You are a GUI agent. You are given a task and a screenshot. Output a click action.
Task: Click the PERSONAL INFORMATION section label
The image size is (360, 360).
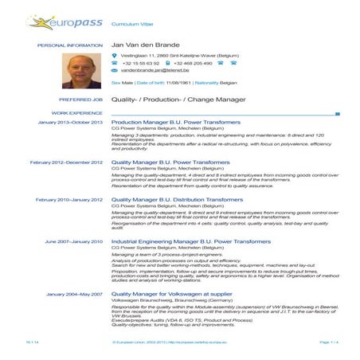pos(72,46)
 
